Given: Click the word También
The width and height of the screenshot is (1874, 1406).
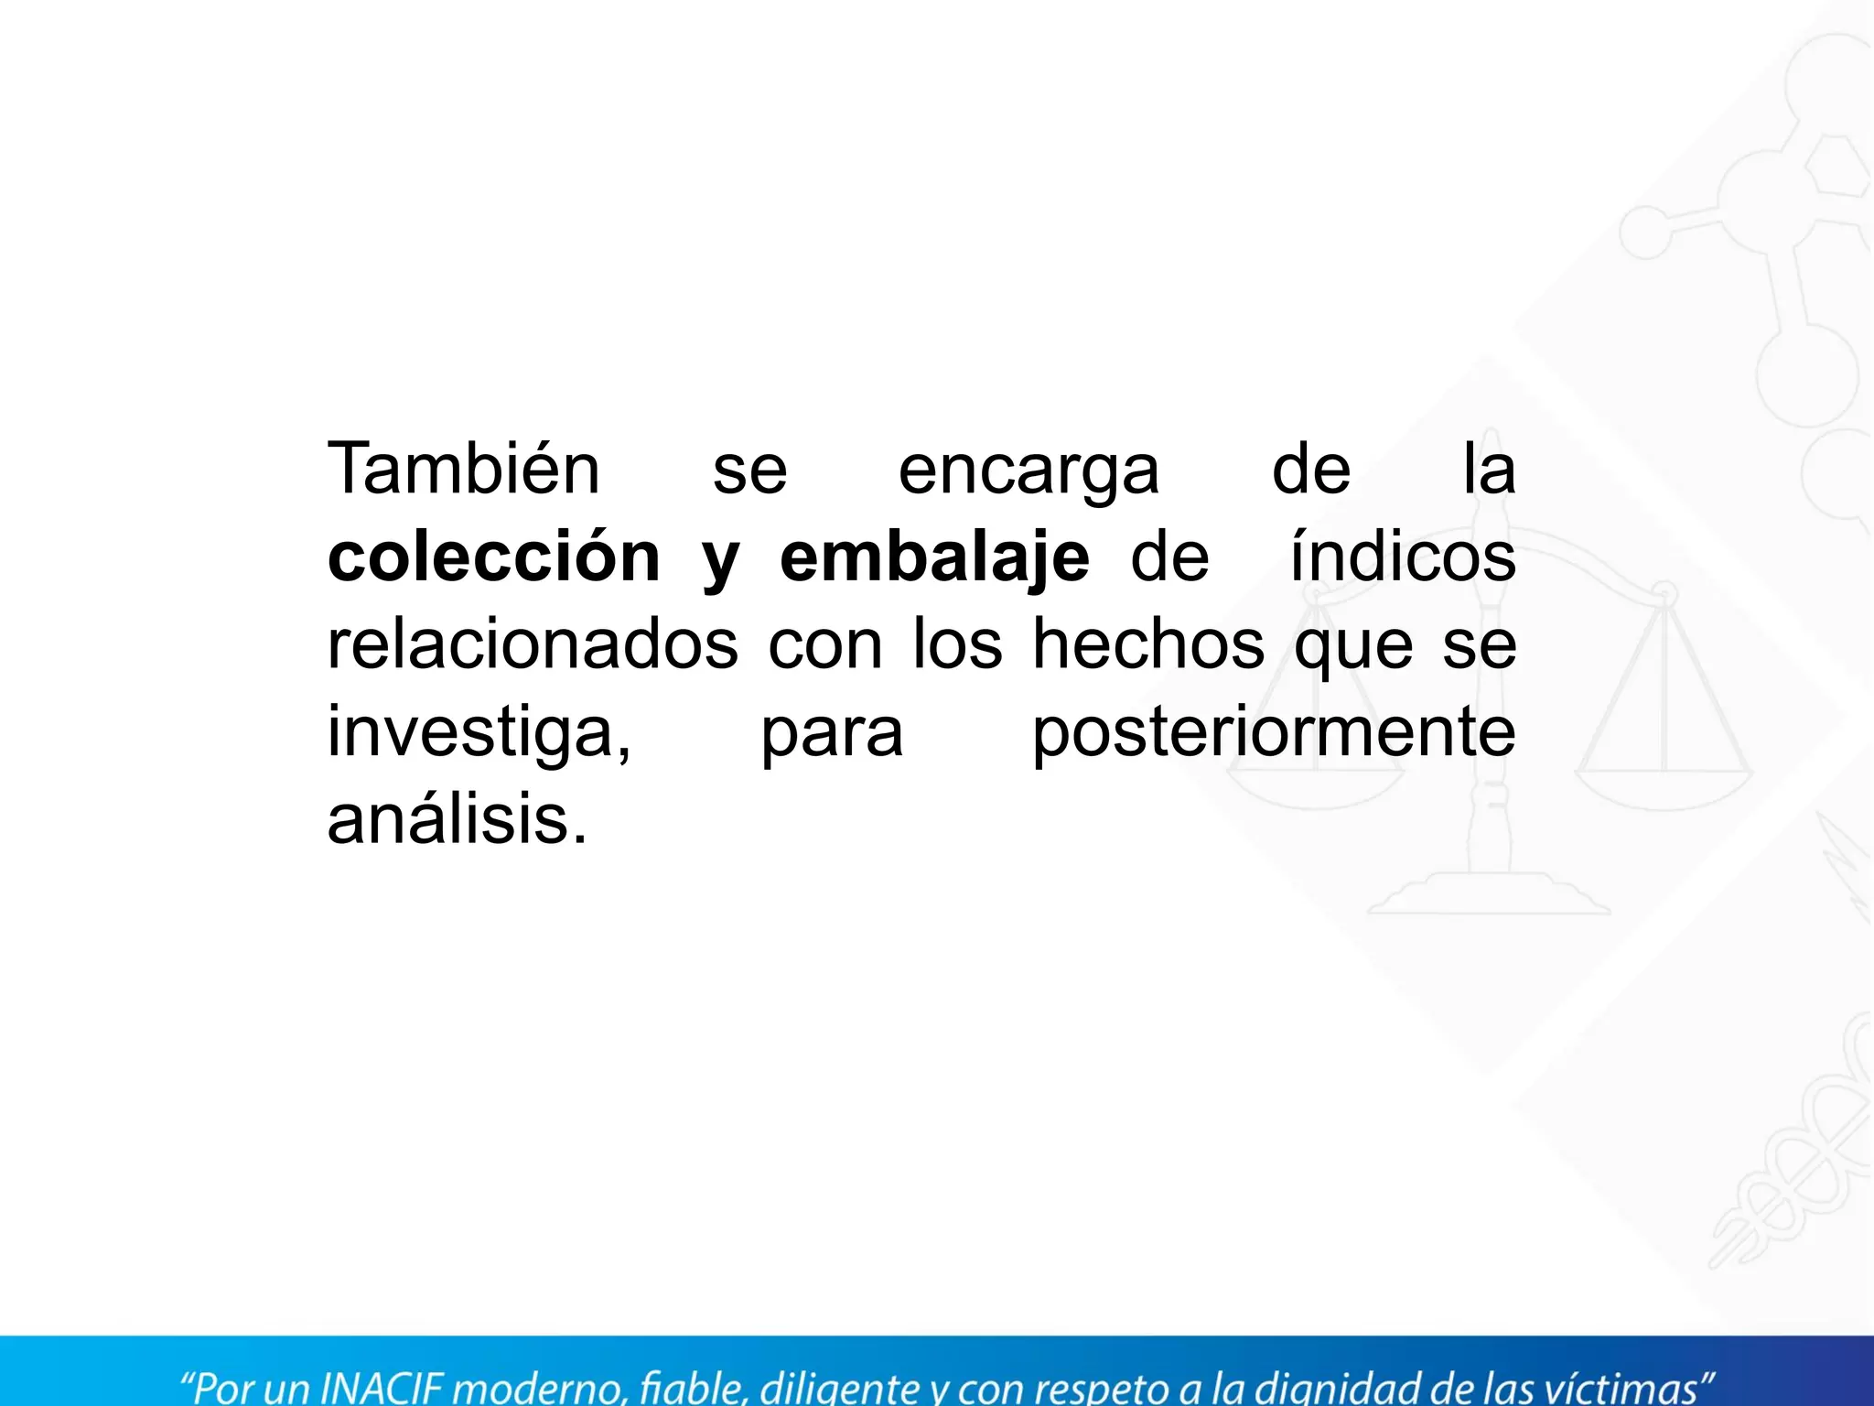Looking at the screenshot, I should pyautogui.click(x=464, y=469).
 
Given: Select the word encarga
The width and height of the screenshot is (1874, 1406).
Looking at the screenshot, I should pyautogui.click(x=1029, y=472).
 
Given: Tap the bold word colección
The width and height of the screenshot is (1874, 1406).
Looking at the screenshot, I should pyautogui.click(x=494, y=557).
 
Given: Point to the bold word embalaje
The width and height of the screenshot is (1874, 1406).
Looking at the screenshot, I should pyautogui.click(x=934, y=559).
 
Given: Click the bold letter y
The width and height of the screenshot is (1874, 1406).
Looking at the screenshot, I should pyautogui.click(x=720, y=563).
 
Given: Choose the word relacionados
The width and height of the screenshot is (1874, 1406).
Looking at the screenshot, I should pyautogui.click(x=533, y=644).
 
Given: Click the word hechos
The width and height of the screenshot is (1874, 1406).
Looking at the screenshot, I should pyautogui.click(x=1148, y=644).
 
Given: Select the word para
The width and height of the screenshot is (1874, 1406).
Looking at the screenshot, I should pyautogui.click(x=832, y=736).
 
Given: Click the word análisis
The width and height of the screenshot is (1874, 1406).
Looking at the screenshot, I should pyautogui.click(x=457, y=819).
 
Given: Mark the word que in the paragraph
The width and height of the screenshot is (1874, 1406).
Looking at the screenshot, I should pyautogui.click(x=1353, y=648).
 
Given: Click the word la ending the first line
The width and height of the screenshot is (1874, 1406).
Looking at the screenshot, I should pyautogui.click(x=1489, y=469).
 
